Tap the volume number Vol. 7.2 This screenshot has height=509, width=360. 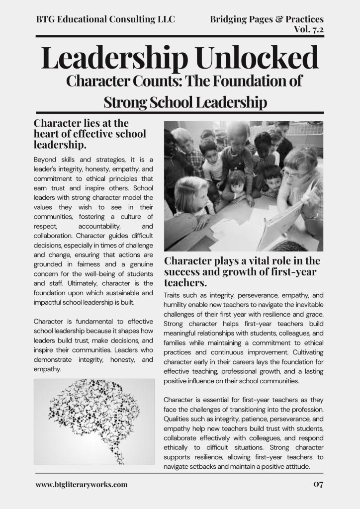[x=308, y=29]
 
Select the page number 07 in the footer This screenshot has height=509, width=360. [x=318, y=484]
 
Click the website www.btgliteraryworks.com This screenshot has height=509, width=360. [x=82, y=484]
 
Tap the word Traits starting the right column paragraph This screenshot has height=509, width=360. [x=174, y=295]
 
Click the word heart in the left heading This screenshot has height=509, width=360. [x=46, y=134]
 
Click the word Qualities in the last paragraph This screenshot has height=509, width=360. [x=179, y=419]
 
